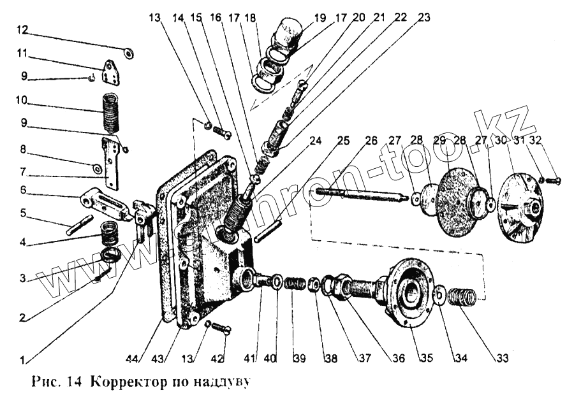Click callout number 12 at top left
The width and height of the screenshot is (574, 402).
click(x=22, y=29)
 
